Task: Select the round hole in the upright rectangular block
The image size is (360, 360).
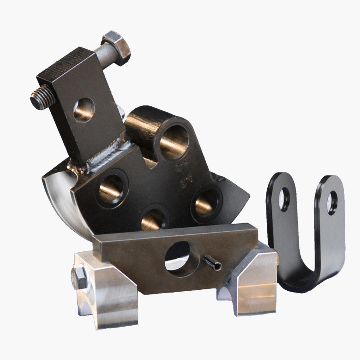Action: [x=84, y=110]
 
